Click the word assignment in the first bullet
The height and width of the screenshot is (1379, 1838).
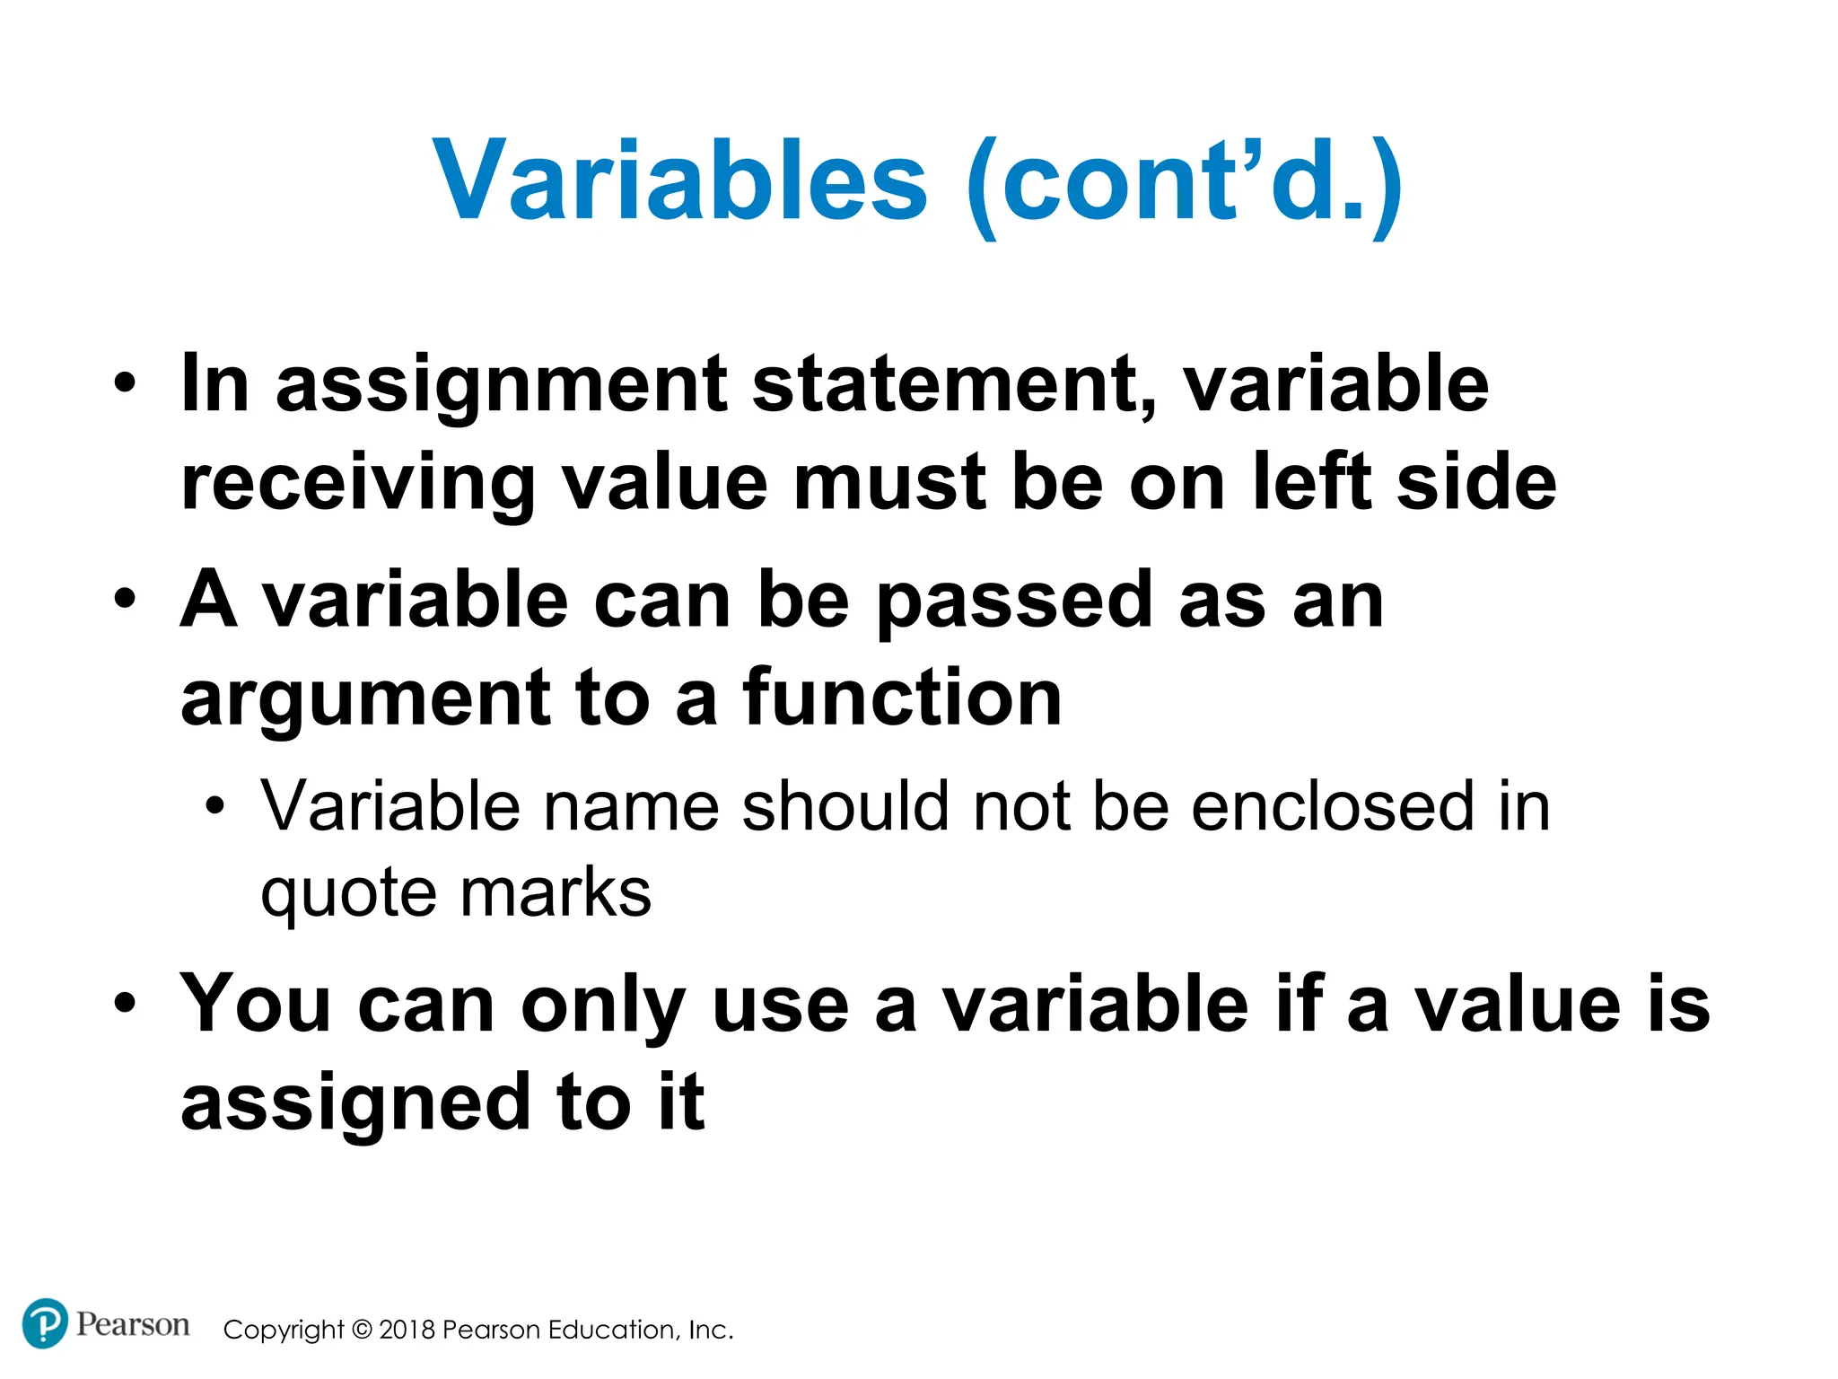point(501,385)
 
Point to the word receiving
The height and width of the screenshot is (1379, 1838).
point(357,484)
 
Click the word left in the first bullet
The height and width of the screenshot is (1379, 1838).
point(1311,482)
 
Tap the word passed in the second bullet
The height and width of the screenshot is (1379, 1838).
point(1013,601)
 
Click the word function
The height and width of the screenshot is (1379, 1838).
point(902,699)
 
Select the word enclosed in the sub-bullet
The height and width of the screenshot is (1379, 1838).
point(1332,806)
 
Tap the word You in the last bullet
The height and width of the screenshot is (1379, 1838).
point(256,1005)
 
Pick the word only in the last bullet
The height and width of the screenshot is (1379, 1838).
point(603,1006)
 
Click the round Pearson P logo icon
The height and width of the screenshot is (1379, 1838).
point(44,1323)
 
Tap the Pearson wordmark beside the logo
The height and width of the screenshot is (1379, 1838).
point(133,1324)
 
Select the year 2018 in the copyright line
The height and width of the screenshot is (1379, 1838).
point(407,1330)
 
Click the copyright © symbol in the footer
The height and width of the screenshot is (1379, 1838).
point(361,1330)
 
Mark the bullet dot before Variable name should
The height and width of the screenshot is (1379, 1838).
point(214,806)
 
